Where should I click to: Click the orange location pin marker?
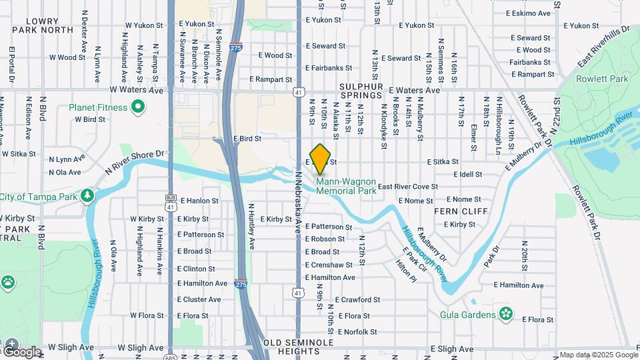[320, 159]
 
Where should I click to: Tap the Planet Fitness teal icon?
[138, 107]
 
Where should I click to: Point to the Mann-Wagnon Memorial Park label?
[346, 186]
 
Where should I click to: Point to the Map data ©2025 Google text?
[598, 355]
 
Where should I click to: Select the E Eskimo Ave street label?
[528, 13]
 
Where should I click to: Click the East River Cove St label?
[407, 187]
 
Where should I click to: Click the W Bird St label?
[91, 120]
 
